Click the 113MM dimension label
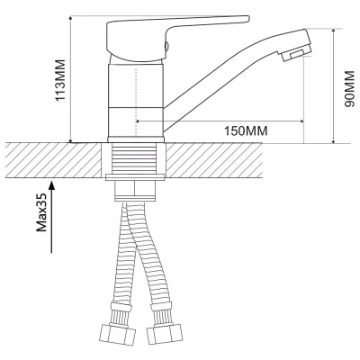point(60,80)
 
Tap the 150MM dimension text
point(246,130)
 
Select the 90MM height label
point(349,89)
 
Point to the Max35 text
point(41,212)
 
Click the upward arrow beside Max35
point(52,217)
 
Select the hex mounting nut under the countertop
point(135,191)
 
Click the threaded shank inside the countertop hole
point(135,158)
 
